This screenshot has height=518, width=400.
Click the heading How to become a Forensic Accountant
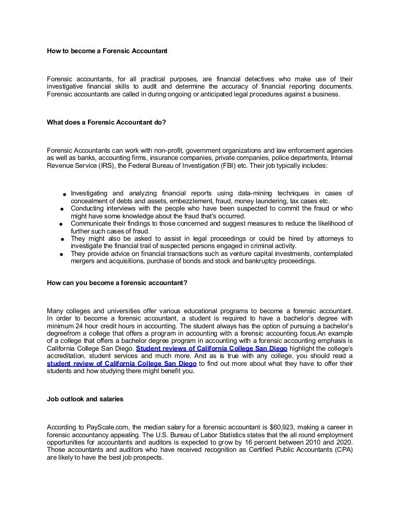[107, 51]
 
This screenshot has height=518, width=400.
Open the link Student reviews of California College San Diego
[212, 348]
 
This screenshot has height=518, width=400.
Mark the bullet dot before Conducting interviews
[62, 209]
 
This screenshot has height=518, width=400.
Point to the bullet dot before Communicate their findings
[62, 224]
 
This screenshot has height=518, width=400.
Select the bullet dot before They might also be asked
[62, 239]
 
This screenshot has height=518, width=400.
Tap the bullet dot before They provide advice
[62, 254]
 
